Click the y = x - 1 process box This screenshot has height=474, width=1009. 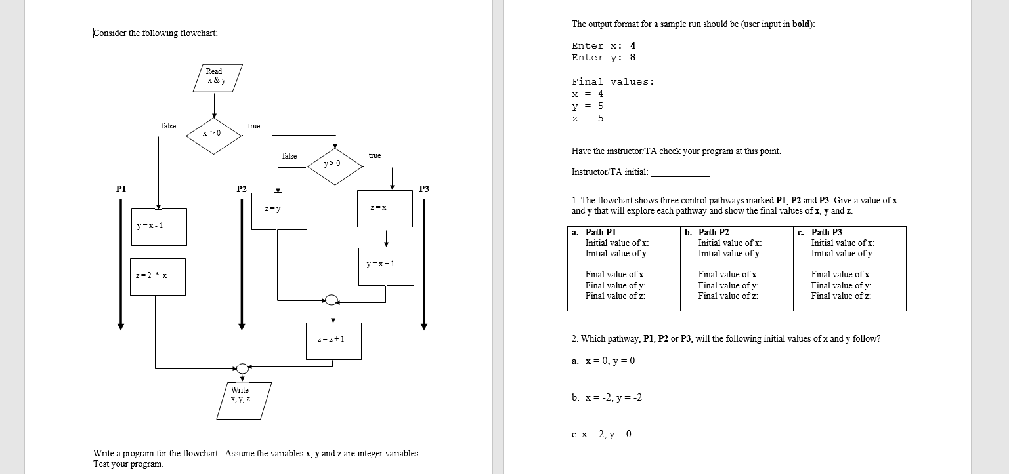point(158,227)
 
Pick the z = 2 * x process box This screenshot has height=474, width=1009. point(158,276)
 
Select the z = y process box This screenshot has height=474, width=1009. point(279,210)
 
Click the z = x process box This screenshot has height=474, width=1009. point(385,208)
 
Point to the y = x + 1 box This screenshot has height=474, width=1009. point(386,266)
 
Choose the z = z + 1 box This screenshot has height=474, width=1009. point(333,340)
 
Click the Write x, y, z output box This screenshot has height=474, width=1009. point(240,400)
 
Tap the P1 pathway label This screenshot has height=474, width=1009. point(121,189)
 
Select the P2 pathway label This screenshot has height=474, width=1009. point(242,189)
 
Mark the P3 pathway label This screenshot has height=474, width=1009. point(424,189)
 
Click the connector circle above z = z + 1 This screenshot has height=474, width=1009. point(332,300)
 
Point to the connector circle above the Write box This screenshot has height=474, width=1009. point(242,368)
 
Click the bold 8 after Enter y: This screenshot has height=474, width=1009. point(633,58)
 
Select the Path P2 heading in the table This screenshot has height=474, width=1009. point(714,232)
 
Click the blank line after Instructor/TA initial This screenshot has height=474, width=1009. point(679,174)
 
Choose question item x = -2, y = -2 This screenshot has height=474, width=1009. point(607,397)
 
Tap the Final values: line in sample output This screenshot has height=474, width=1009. point(613,82)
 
